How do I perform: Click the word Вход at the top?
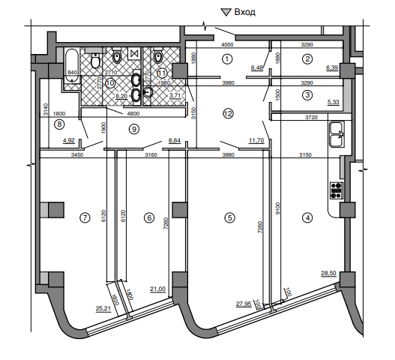tap(244, 12)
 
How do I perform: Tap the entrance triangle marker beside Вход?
tap(226, 12)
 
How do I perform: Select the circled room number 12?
tap(229, 114)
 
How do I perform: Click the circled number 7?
tap(85, 217)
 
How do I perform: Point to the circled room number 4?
tap(307, 217)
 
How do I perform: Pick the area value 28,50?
tap(328, 273)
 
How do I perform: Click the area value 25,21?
tap(103, 308)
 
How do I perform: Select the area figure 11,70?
tap(256, 140)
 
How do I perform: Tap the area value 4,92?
tap(69, 140)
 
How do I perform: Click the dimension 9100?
tap(277, 208)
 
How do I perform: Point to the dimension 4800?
tap(133, 113)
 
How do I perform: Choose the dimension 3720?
tap(311, 117)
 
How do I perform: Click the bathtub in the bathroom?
tap(72, 65)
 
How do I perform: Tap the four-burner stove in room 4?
tap(337, 190)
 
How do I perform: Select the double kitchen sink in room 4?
tap(337, 134)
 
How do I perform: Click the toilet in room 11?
tap(158, 55)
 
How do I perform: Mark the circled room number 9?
tap(134, 129)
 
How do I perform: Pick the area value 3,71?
tap(175, 95)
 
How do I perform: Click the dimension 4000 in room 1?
tap(227, 44)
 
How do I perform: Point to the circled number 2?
tap(307, 59)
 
